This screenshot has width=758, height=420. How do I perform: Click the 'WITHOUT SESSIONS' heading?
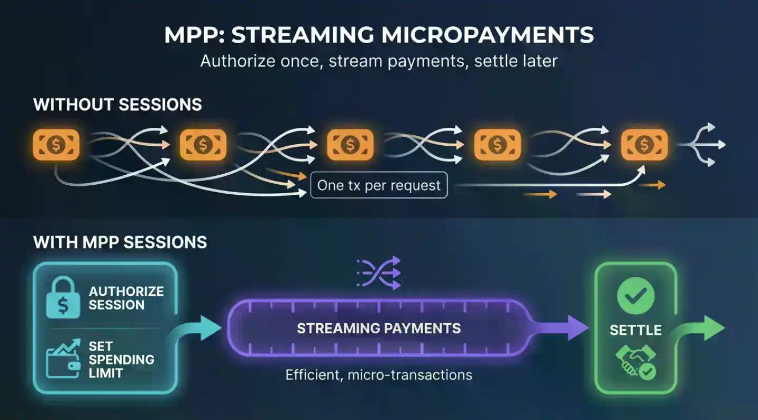coord(117,104)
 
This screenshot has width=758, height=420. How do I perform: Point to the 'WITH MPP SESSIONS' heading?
coord(120,242)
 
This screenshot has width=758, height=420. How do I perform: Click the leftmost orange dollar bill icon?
coord(56,145)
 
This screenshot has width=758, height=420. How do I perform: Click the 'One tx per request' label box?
coord(379,185)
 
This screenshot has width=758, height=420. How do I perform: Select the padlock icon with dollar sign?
coord(62,298)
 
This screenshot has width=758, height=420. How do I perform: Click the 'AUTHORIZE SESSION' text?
coord(126,298)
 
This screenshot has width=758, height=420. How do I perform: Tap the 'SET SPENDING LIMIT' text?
coord(121,360)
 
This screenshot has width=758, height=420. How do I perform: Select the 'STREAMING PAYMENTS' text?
coord(378,329)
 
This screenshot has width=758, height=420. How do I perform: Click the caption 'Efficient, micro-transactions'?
coord(378,375)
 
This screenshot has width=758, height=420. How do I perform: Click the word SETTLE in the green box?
coord(635,331)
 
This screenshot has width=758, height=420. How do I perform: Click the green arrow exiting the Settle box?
coord(703,329)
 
